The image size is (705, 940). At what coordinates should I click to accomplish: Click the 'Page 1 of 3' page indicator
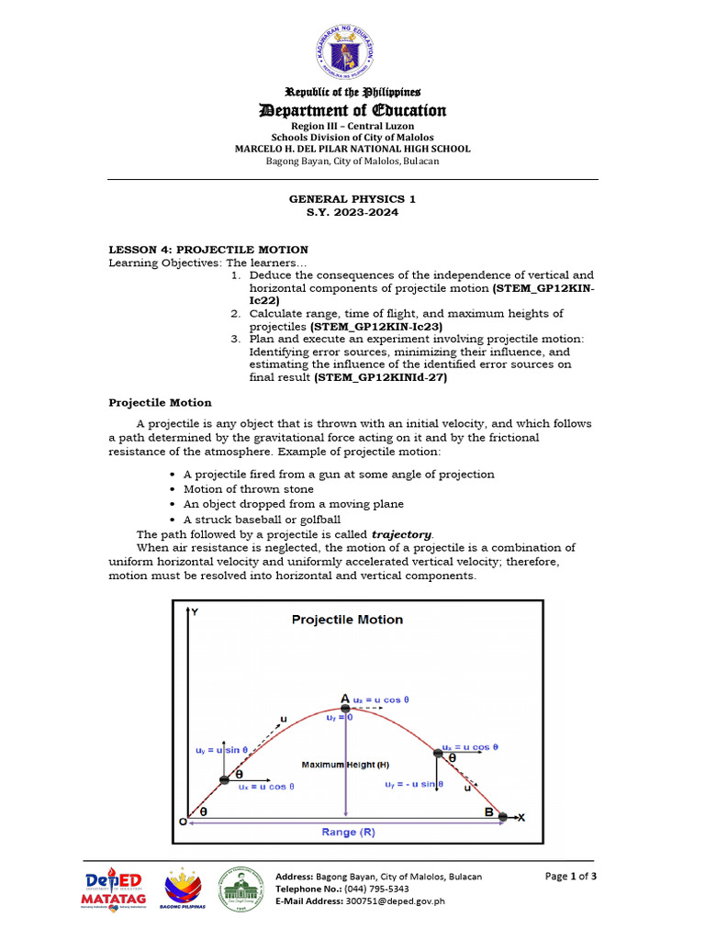click(570, 876)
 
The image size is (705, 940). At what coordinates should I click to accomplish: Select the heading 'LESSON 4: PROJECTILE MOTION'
click(208, 250)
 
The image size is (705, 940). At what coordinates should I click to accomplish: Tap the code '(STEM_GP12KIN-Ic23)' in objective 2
click(376, 326)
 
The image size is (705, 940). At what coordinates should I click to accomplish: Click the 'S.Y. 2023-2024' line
click(352, 212)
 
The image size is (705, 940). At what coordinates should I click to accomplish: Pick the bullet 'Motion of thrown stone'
click(248, 489)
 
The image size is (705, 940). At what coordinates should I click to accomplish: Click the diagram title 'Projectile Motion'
click(347, 620)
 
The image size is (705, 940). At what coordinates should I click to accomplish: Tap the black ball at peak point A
click(345, 710)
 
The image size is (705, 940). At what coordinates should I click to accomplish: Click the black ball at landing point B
click(503, 814)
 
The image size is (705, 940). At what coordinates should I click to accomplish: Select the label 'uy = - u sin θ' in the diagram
click(414, 784)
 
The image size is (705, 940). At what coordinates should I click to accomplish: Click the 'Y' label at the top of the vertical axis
click(194, 610)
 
